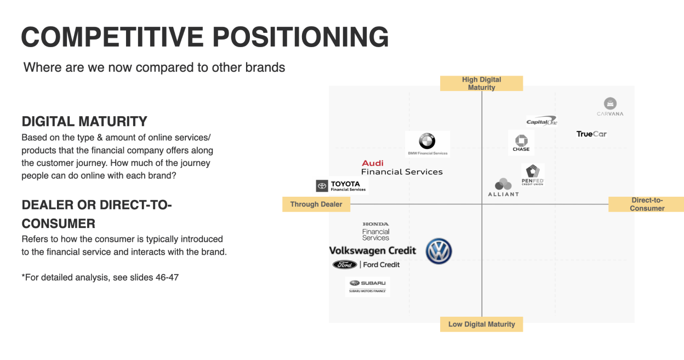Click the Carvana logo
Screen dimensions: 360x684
[x=610, y=106]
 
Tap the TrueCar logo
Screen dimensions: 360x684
[x=591, y=134]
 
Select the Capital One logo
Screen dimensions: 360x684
[x=541, y=121]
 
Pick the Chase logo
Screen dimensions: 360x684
[x=521, y=142]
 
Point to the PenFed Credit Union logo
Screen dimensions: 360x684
[x=532, y=175]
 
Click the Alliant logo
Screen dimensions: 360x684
[x=503, y=187]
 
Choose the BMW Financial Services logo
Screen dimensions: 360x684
[x=428, y=144]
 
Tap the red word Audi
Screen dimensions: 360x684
[x=373, y=163]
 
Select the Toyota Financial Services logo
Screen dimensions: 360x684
[x=341, y=186]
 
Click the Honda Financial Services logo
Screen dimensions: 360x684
[x=375, y=231]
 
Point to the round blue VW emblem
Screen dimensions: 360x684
[x=438, y=252]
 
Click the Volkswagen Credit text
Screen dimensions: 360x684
[x=373, y=250]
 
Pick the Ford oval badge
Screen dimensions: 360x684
[x=345, y=265]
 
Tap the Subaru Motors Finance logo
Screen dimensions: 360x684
[x=367, y=286]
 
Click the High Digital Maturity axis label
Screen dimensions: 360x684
[x=481, y=83]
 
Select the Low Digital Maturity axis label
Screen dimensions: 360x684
[x=481, y=324]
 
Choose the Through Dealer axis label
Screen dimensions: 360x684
[x=316, y=204]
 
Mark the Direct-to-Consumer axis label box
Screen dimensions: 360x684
[x=647, y=204]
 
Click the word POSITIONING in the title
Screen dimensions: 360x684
[x=300, y=37]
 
